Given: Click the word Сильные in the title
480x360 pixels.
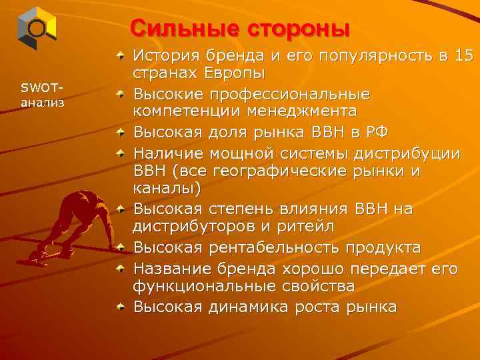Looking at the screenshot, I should pyautogui.click(x=186, y=29).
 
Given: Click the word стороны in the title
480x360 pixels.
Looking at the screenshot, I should pyautogui.click(x=299, y=29).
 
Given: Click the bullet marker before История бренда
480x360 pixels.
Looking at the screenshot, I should pyautogui.click(x=120, y=52).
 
